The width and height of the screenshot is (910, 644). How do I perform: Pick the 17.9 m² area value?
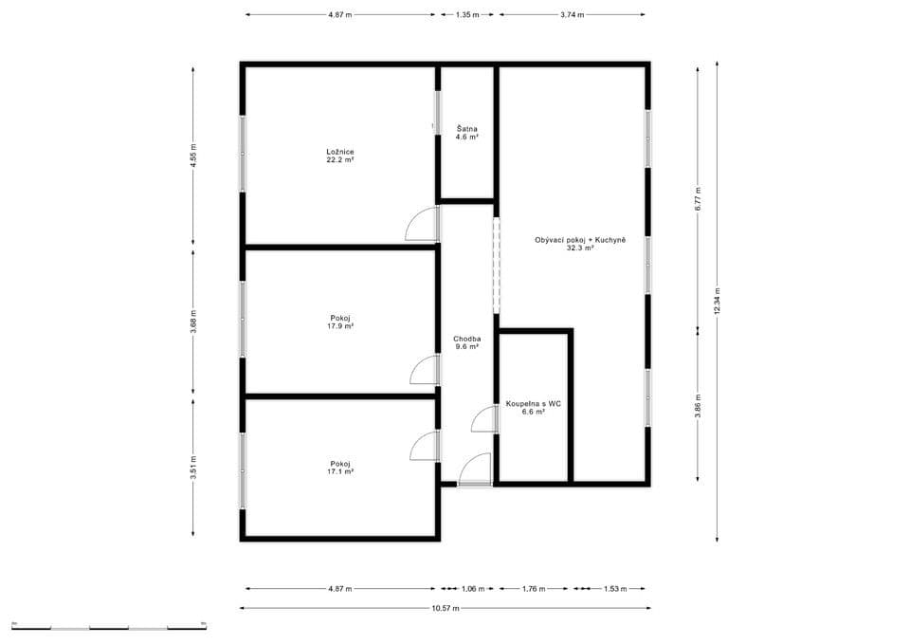tap(340, 326)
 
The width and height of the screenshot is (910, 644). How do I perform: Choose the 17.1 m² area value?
tap(340, 471)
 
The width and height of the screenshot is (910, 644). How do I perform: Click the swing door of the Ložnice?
tap(422, 224)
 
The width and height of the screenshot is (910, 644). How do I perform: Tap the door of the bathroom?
tap(484, 419)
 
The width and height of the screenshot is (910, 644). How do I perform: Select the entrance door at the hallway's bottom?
tap(474, 470)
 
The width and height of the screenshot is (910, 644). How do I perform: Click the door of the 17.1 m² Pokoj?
tap(425, 446)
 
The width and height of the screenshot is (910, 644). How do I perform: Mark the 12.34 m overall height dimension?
tap(717, 301)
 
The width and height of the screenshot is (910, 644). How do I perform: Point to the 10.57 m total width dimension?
tap(445, 608)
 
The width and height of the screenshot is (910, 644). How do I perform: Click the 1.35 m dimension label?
tap(467, 15)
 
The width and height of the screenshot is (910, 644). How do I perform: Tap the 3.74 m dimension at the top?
tap(572, 15)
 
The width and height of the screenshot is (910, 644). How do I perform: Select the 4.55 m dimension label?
tap(193, 156)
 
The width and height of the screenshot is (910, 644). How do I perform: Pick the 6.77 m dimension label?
tap(698, 199)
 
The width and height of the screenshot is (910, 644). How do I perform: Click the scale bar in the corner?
tap(109, 627)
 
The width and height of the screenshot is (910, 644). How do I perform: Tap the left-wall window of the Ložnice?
tap(243, 154)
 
